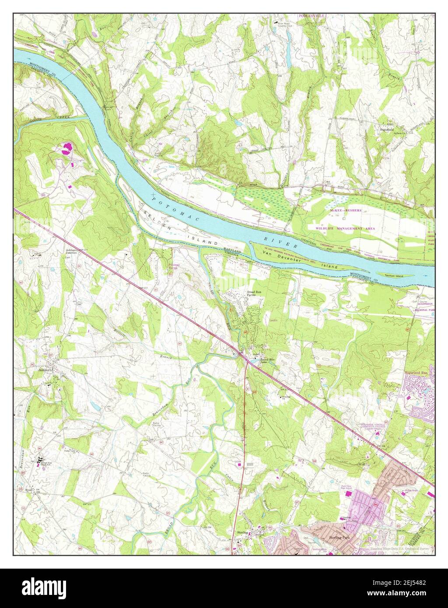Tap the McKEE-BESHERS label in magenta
click(x=346, y=210)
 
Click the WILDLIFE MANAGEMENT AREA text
click(x=348, y=228)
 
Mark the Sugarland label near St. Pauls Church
click(x=387, y=129)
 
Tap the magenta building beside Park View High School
click(x=349, y=493)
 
